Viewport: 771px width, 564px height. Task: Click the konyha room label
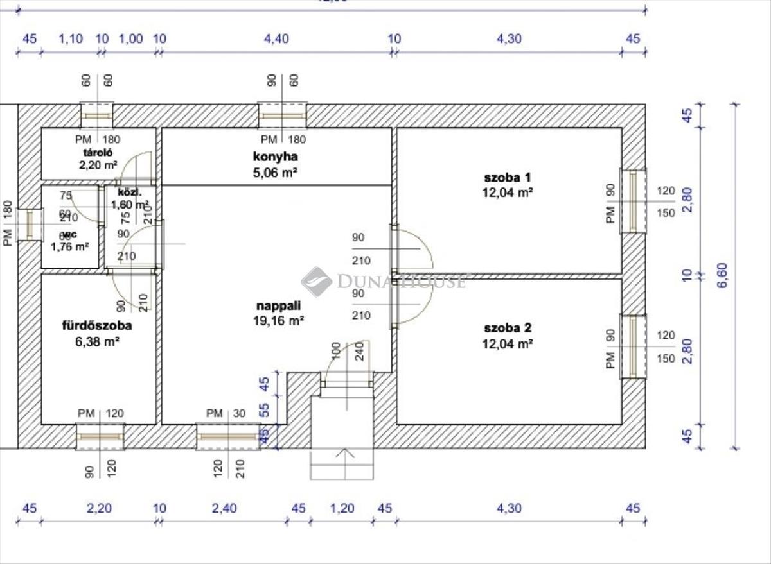(x=276, y=156)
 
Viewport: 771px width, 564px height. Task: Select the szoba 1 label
(x=508, y=176)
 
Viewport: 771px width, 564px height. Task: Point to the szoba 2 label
(x=508, y=328)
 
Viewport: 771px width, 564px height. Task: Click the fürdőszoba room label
(x=97, y=325)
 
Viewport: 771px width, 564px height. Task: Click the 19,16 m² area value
(x=278, y=321)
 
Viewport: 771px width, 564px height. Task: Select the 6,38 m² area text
(x=97, y=342)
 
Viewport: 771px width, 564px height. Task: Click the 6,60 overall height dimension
(x=722, y=275)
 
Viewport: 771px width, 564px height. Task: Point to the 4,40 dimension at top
(x=276, y=38)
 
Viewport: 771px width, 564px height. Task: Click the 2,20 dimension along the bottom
(x=99, y=509)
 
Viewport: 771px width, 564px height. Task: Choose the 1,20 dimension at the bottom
(x=342, y=509)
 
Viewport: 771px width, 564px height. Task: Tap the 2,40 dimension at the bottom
(x=224, y=509)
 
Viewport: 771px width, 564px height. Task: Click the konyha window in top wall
(x=283, y=115)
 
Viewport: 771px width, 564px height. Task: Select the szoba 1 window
(x=634, y=201)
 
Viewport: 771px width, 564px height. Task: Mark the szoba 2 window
(x=634, y=346)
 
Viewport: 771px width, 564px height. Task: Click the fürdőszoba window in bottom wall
(x=100, y=436)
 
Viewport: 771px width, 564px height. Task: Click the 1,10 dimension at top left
(x=71, y=38)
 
